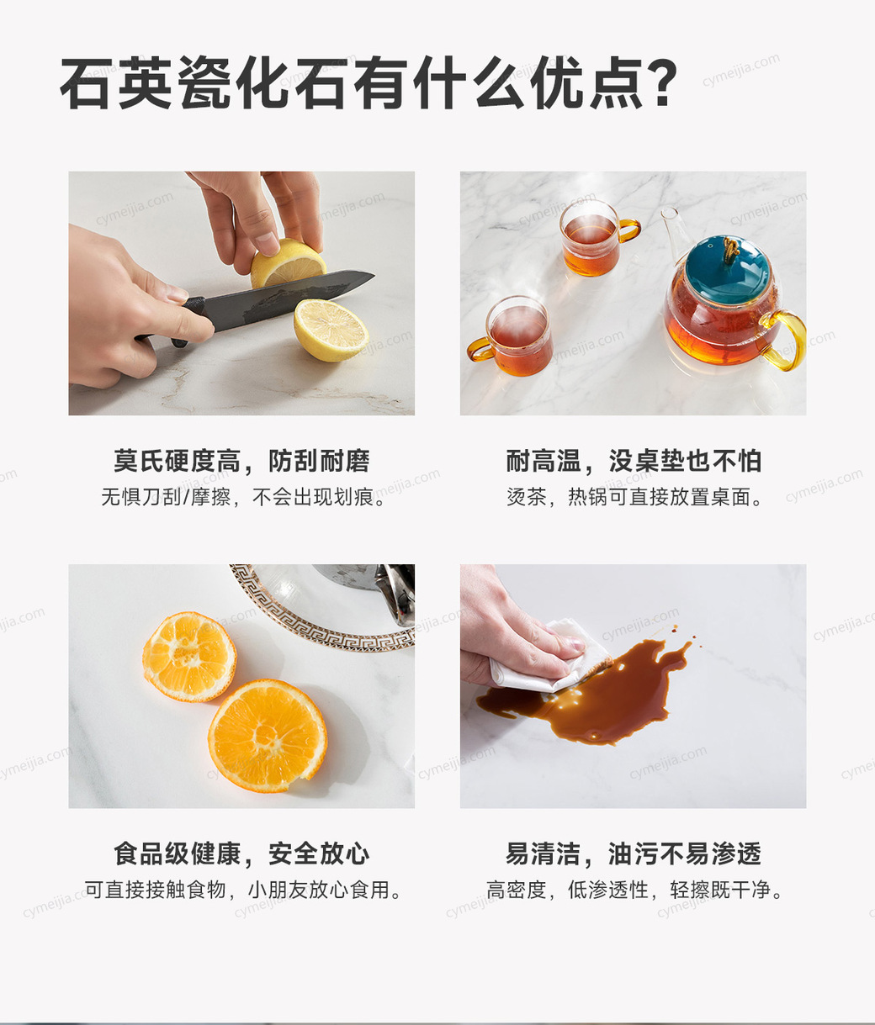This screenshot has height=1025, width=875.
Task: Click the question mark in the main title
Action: click(658, 82)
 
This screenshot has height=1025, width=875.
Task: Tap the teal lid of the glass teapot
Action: click(728, 270)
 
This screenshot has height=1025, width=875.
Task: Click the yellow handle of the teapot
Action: click(787, 341)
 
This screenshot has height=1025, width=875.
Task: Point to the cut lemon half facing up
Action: click(331, 330)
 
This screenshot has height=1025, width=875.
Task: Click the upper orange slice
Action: click(189, 656)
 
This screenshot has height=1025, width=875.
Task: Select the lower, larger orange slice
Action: click(268, 736)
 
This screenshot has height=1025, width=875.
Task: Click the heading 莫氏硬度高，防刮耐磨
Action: click(241, 461)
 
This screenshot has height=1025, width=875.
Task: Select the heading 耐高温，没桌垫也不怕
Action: click(634, 461)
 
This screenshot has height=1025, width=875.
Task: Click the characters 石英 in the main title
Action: click(116, 82)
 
